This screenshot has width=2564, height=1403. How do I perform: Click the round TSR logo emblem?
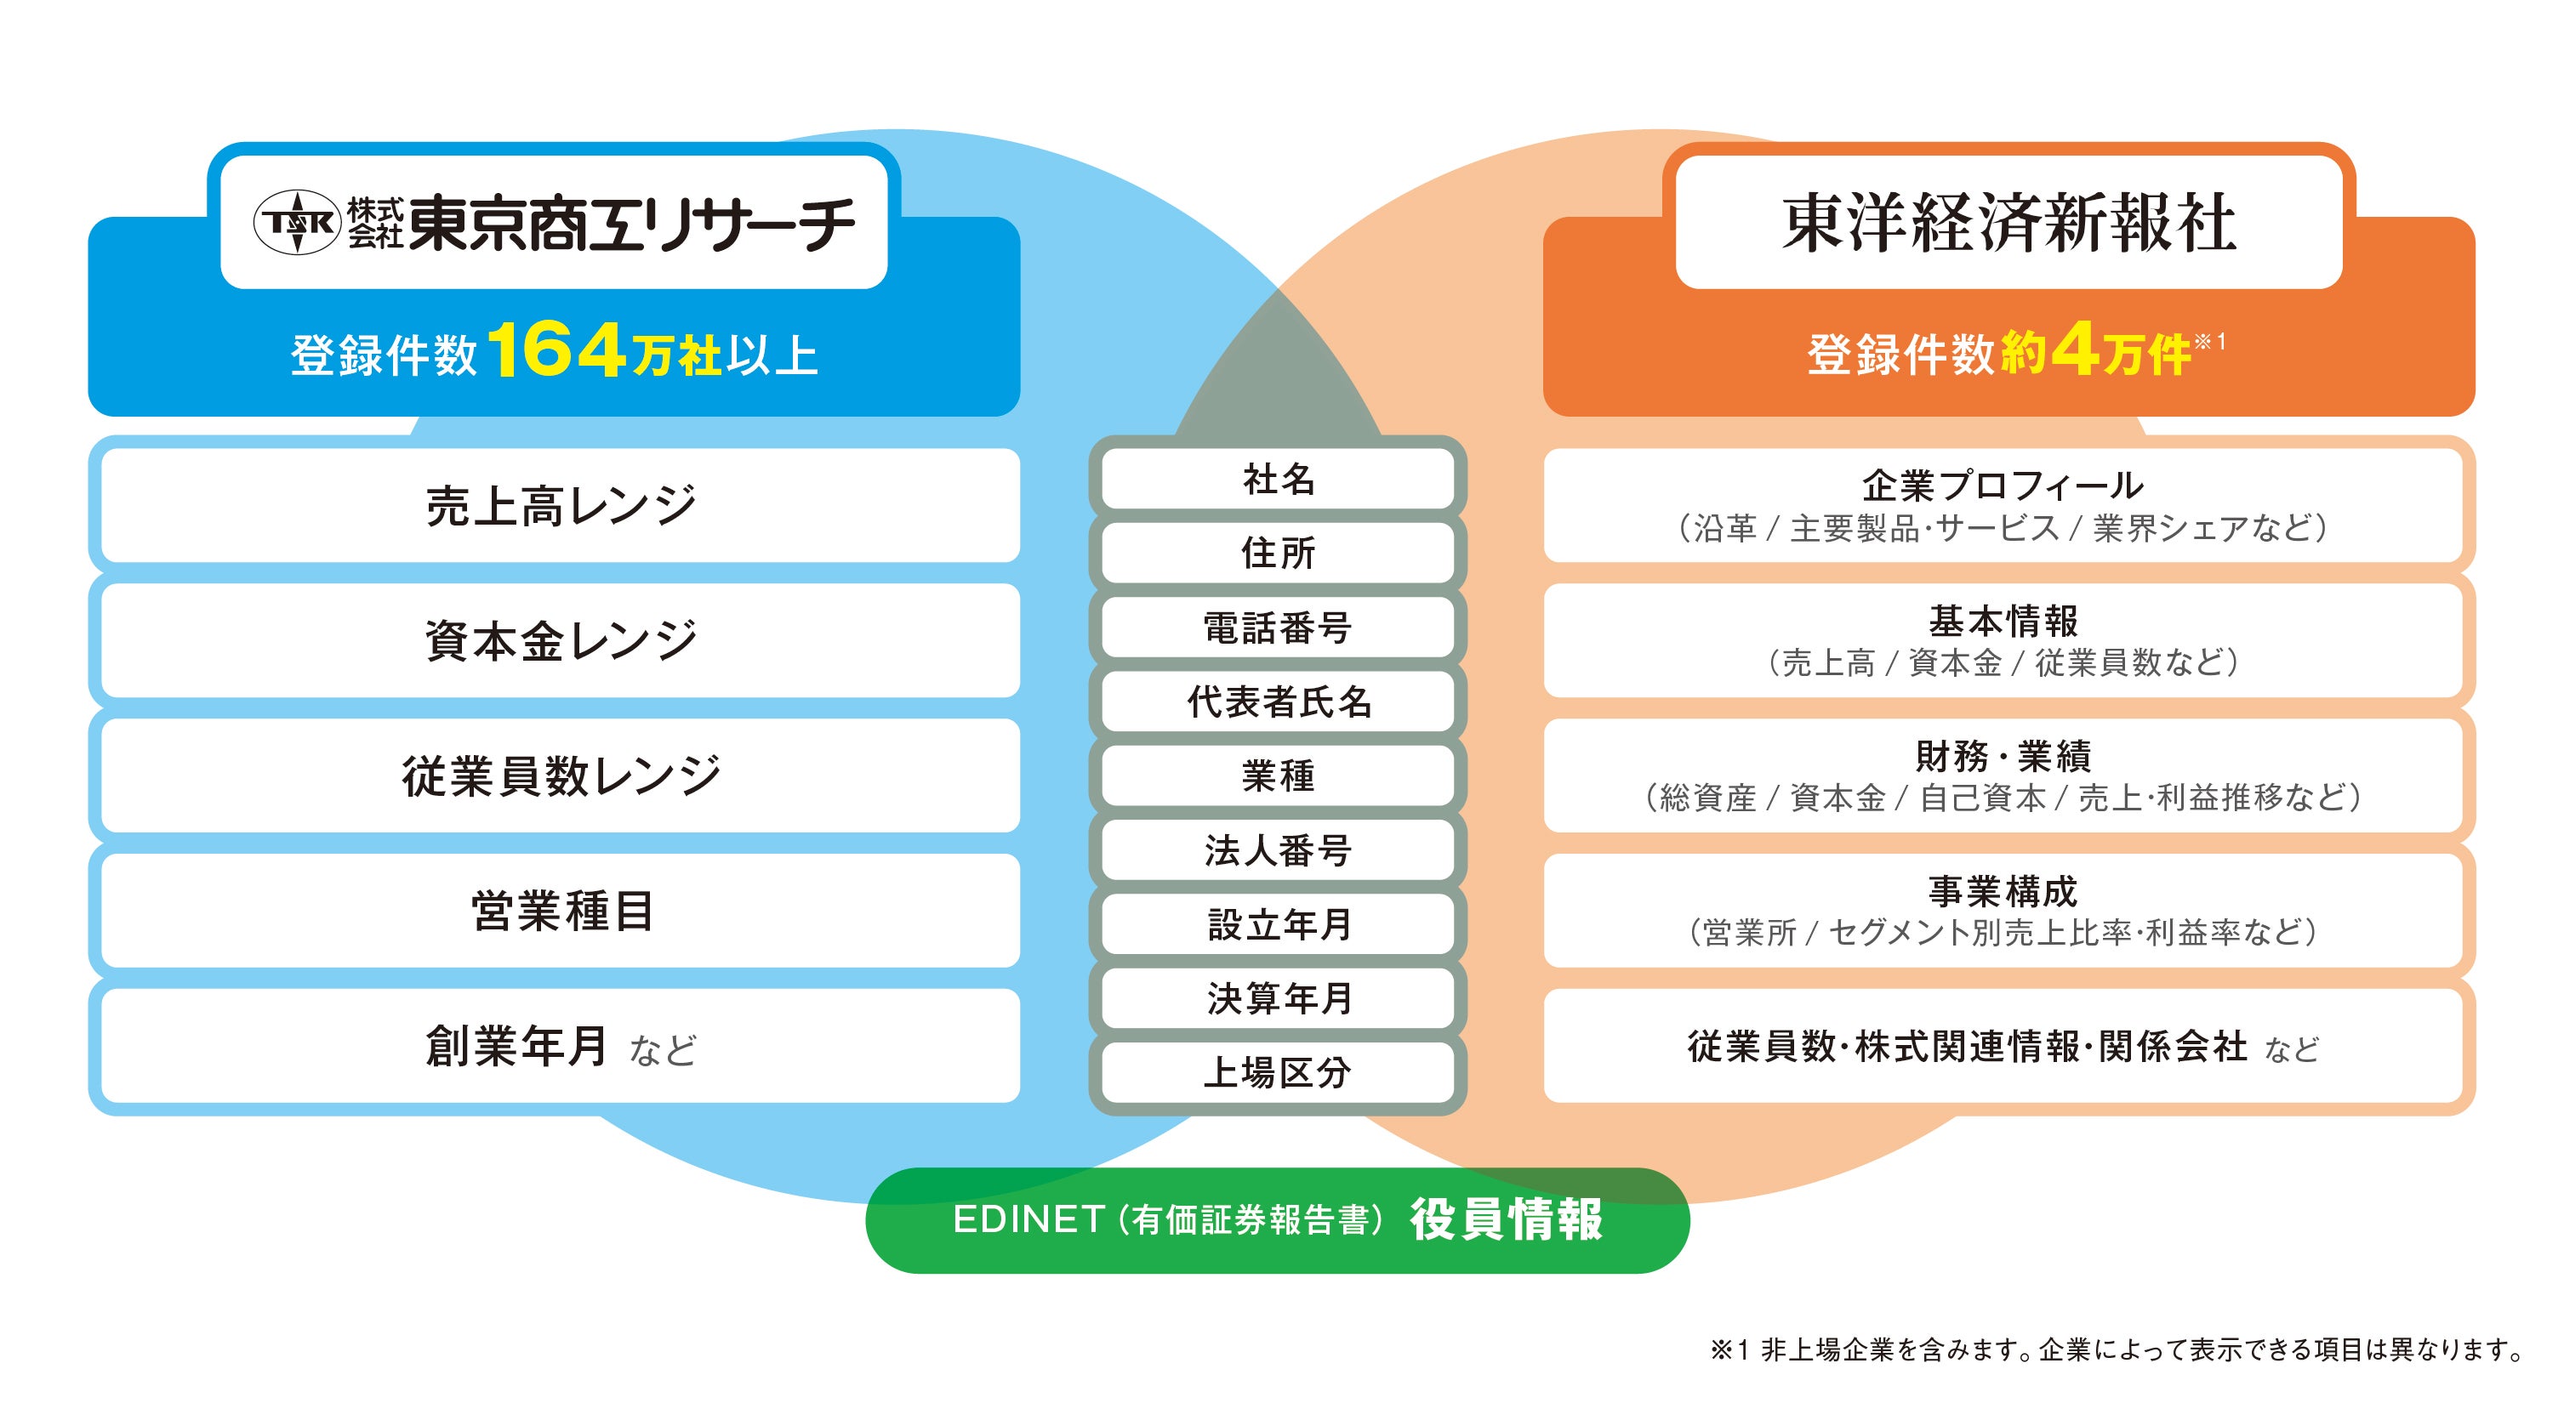298,222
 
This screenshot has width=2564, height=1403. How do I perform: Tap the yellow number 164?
557,350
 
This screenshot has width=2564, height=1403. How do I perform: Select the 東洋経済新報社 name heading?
2008,222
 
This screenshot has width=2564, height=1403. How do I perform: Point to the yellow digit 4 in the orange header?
2073,350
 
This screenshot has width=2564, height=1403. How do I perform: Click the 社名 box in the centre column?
1278,479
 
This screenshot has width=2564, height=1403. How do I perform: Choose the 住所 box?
1278,552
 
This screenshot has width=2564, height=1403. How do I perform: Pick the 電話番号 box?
1278,627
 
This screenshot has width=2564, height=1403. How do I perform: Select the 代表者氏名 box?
1278,701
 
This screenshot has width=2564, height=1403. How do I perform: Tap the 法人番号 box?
1278,849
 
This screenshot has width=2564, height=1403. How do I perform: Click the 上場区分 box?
1278,1071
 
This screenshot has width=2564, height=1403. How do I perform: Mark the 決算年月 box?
1278,998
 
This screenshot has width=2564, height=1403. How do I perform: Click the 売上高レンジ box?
561,505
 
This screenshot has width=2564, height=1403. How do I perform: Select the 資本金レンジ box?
561,639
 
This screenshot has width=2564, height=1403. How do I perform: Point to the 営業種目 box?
561,911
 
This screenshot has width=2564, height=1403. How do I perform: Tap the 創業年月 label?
516,1046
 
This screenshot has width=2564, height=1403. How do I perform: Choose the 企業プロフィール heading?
2003,486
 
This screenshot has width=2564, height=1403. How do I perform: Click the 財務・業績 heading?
2003,756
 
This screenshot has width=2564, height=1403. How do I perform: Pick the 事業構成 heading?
2003,890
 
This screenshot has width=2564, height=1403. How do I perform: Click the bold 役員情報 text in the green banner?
1506,1219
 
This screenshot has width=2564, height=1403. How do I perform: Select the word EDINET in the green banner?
1028,1220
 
